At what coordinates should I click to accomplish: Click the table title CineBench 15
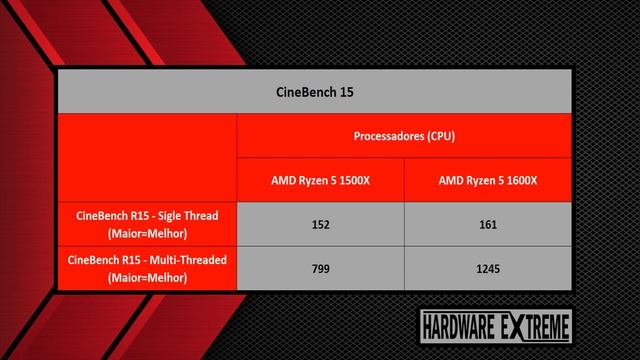(x=314, y=92)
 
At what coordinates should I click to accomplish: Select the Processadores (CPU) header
(x=404, y=136)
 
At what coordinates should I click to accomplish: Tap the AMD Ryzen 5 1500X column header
(x=320, y=180)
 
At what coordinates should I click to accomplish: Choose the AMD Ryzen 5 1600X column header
(x=488, y=180)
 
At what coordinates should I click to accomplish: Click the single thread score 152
(x=320, y=224)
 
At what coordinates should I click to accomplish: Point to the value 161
(x=488, y=224)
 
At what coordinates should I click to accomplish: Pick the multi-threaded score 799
(x=320, y=268)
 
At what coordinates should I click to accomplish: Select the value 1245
(x=488, y=268)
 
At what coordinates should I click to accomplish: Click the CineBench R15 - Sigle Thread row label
(x=147, y=224)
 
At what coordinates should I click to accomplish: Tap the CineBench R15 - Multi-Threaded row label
(x=147, y=268)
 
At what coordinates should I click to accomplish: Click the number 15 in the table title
(x=345, y=92)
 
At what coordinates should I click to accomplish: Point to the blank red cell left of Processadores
(x=147, y=158)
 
